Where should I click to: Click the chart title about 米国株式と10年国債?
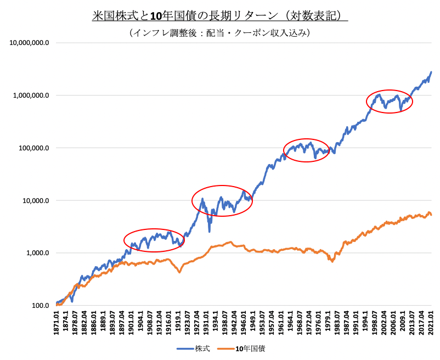tap(220, 15)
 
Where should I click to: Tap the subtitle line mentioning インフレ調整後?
tap(220, 33)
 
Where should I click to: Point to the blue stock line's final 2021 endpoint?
tap(431, 72)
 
